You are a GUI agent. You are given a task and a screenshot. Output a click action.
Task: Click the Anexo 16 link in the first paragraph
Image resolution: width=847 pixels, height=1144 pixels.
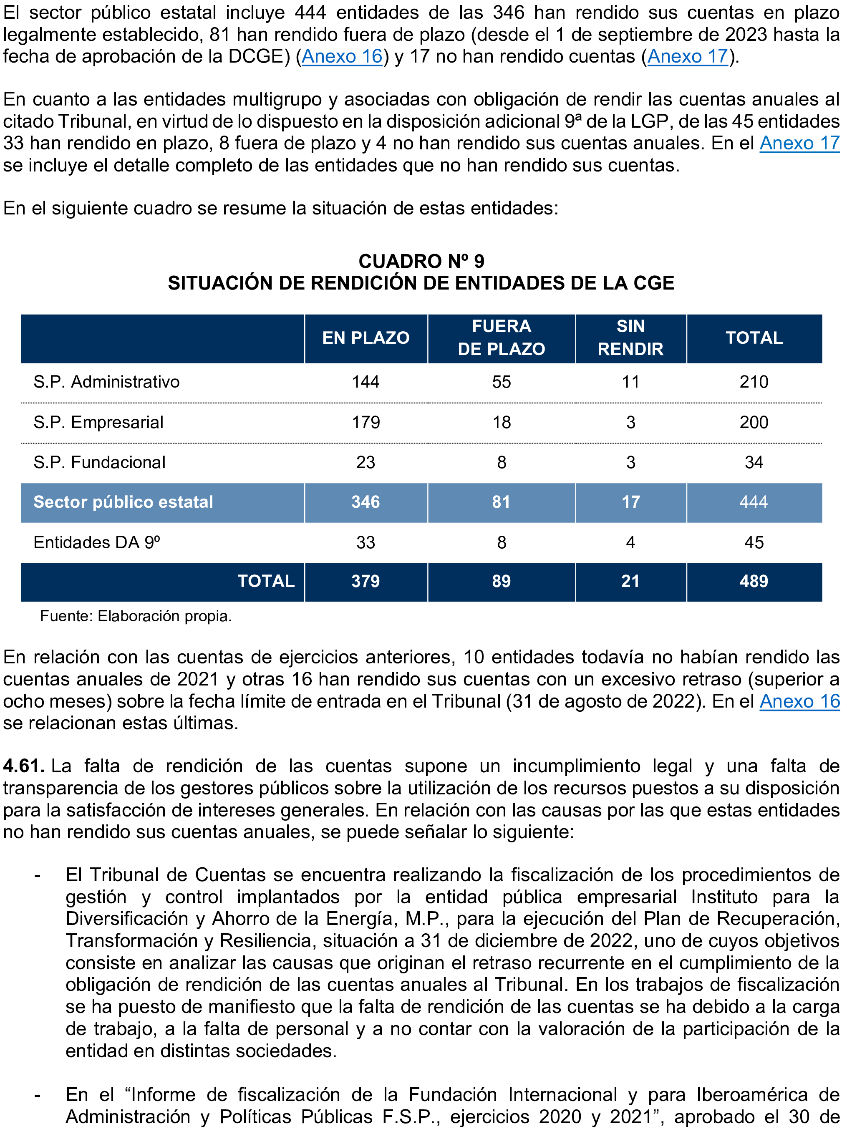tap(342, 56)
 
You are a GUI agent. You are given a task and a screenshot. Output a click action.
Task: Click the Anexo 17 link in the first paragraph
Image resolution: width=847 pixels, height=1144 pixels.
tap(687, 56)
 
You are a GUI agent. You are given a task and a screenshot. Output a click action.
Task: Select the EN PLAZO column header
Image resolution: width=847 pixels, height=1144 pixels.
tap(366, 338)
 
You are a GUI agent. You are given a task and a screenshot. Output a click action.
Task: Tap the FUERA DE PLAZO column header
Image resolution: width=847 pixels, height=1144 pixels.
tap(501, 338)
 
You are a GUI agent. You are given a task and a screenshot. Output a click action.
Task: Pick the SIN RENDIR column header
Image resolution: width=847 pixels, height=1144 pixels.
tap(630, 338)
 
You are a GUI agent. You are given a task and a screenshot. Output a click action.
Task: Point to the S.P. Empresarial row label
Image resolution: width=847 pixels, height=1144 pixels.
tap(98, 422)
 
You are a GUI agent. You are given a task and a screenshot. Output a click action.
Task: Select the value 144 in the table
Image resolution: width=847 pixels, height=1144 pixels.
tap(366, 382)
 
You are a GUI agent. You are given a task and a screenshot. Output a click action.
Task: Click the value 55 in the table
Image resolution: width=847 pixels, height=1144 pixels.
tap(501, 382)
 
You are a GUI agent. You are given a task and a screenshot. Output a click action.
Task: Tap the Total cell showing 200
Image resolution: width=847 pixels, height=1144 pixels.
tap(754, 422)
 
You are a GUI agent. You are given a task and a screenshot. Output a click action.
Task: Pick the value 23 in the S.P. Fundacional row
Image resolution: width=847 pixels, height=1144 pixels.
tap(366, 462)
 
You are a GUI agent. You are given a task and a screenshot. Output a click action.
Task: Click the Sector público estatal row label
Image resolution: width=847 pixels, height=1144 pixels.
tap(123, 502)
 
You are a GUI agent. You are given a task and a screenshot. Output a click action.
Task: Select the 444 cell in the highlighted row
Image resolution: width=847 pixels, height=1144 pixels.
tap(754, 502)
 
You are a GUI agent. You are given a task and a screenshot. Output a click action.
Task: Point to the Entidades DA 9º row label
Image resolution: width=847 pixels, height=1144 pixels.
tap(97, 542)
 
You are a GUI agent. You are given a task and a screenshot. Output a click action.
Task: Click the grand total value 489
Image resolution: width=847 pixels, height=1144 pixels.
tap(754, 581)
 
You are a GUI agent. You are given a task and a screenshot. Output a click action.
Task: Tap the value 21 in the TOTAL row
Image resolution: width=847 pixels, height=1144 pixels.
tap(630, 581)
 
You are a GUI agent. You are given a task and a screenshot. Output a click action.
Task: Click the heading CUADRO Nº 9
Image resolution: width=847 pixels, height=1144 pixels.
tap(421, 262)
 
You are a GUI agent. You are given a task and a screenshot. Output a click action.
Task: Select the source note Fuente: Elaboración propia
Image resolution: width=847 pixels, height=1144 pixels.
tap(136, 616)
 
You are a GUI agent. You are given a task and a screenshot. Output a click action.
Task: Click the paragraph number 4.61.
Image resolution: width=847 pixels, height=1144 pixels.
tap(23, 766)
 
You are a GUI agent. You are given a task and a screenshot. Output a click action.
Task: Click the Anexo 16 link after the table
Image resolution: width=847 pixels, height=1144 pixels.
tap(799, 701)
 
